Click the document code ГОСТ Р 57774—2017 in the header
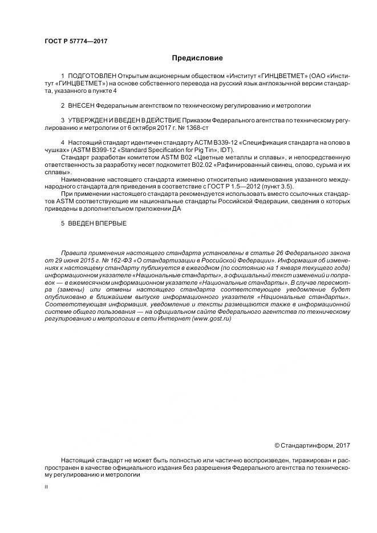(x=76, y=42)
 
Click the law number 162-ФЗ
(x=111, y=260)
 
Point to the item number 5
(x=62, y=223)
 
